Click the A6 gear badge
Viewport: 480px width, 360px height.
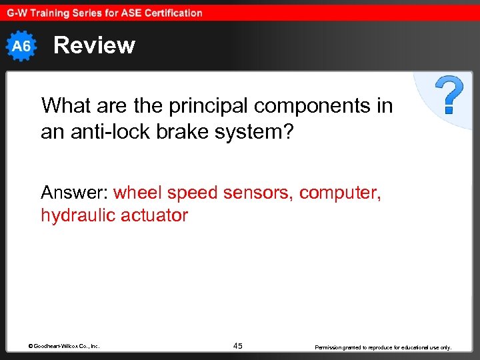22,45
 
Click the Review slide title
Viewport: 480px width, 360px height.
94,45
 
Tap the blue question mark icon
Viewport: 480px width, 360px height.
450,95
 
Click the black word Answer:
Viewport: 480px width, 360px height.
74,193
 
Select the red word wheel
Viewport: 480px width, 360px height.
138,193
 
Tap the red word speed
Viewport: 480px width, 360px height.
192,193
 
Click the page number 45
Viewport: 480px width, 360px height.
238,346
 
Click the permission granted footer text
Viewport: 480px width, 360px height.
383,347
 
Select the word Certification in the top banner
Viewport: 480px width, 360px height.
169,13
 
